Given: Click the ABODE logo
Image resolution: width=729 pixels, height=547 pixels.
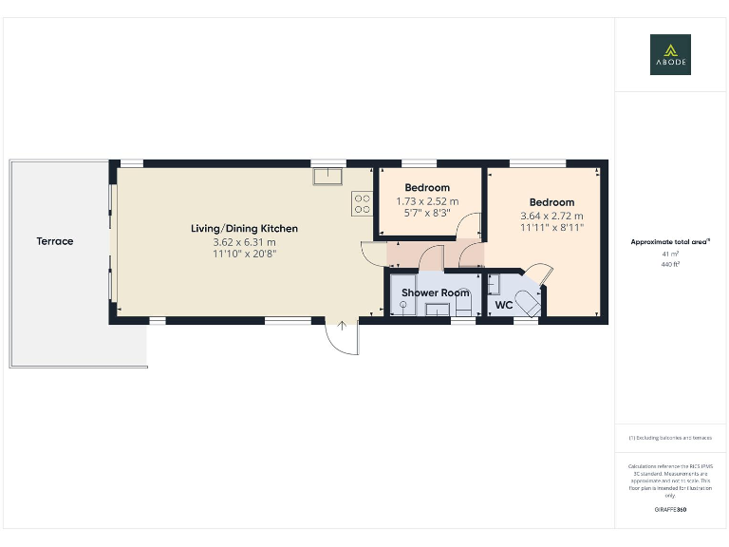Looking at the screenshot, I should coord(670,54).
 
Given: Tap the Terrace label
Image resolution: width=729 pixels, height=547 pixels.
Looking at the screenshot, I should coord(55,241).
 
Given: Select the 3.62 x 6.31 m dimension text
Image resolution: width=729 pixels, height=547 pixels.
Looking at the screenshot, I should coord(244,242).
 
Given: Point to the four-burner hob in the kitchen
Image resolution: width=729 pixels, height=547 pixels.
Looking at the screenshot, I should coord(363,203).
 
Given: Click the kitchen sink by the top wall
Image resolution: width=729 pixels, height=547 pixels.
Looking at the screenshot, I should coord(329,176).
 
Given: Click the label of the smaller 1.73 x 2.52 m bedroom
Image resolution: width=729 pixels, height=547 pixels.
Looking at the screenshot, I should coord(426,188).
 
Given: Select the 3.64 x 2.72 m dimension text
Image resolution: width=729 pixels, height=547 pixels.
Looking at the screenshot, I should coord(551,216).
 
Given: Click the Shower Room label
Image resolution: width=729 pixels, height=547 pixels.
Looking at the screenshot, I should coord(435,292).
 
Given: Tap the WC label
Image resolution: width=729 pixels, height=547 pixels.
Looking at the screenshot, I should coord(504,306).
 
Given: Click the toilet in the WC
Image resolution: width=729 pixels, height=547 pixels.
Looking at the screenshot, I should coord(528,304).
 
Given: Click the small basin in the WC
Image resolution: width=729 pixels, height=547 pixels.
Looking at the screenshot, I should coord(494,284).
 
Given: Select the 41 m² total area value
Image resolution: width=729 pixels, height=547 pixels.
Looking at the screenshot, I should coord(671,255).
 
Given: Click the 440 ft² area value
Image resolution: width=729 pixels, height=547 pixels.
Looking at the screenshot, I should coord(671,265).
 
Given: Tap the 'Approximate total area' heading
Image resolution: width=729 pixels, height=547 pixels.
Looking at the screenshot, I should coord(670,242).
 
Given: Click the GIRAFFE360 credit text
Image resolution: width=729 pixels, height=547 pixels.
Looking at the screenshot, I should coord(670,510).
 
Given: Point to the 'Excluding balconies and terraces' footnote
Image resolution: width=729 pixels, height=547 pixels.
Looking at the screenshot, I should coord(670,438).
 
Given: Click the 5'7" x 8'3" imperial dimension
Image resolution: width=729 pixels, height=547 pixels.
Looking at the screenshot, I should coord(426,214).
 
